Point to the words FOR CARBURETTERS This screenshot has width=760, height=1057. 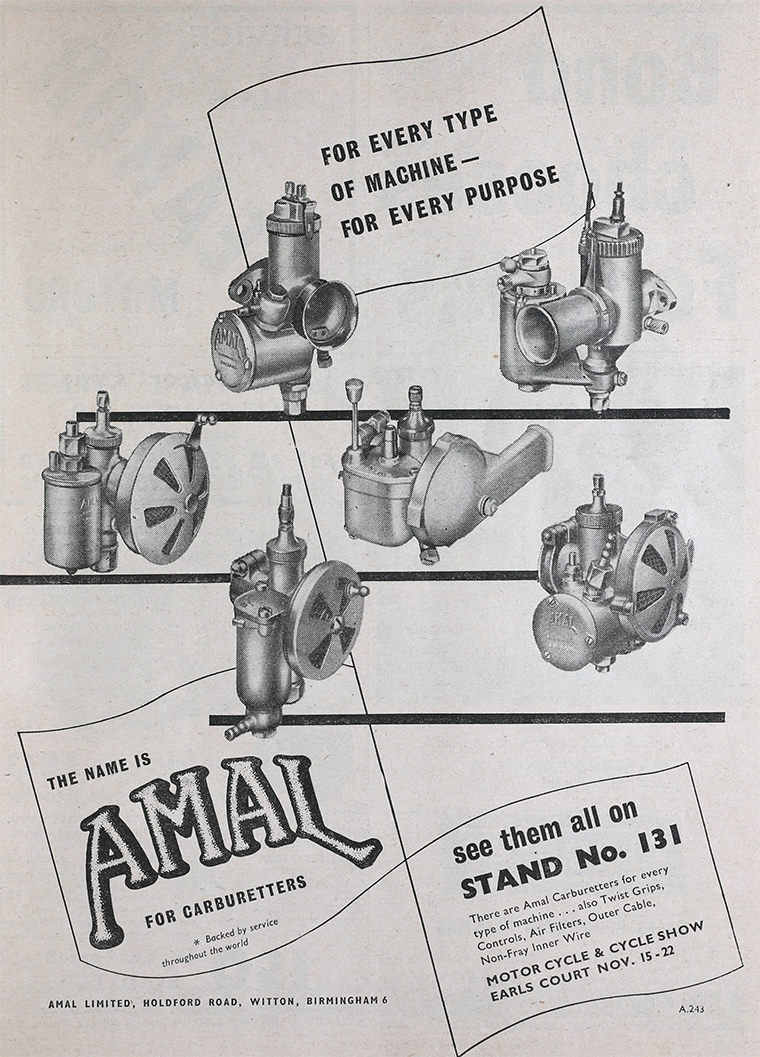(x=226, y=901)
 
